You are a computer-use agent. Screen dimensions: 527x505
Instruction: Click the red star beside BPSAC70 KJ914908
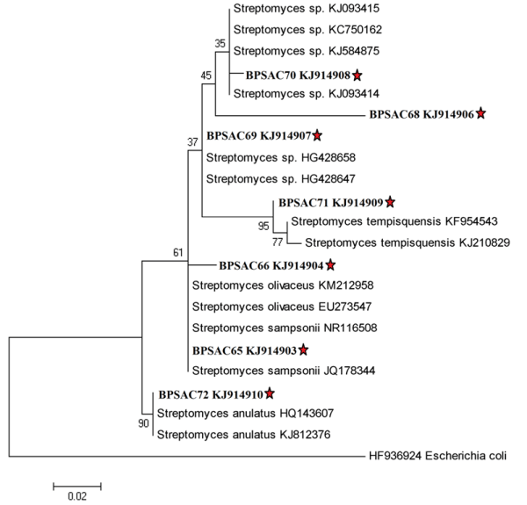point(357,76)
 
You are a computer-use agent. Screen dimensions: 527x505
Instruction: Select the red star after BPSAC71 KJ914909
point(390,202)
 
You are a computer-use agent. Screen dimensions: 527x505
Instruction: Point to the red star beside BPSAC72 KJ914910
point(270,393)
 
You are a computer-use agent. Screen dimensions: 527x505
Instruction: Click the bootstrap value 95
point(263,227)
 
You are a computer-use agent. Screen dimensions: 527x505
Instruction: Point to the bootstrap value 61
point(180,254)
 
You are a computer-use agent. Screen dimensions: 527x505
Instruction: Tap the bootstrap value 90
point(145,423)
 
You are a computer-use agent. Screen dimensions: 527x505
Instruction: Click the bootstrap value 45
point(207,75)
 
